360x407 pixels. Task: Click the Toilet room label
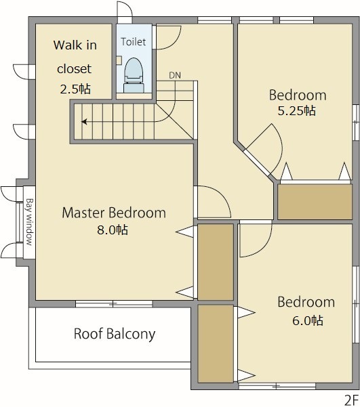[134, 41]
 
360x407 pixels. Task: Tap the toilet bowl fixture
[134, 70]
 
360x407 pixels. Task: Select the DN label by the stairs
[175, 75]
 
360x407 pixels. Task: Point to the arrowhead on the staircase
[84, 121]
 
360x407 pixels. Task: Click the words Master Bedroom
[114, 213]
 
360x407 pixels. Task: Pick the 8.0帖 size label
[113, 230]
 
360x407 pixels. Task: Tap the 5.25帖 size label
[297, 111]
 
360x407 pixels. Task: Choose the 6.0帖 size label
[308, 320]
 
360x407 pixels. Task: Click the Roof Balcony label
[115, 334]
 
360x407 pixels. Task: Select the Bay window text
[30, 222]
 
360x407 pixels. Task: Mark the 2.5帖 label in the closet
[75, 89]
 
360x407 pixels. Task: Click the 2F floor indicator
[352, 400]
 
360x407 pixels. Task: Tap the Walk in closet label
[75, 57]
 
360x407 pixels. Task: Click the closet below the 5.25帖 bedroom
[315, 202]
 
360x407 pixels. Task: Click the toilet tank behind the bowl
[134, 87]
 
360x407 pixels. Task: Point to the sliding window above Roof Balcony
[114, 303]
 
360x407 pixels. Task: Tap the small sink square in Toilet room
[119, 60]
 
